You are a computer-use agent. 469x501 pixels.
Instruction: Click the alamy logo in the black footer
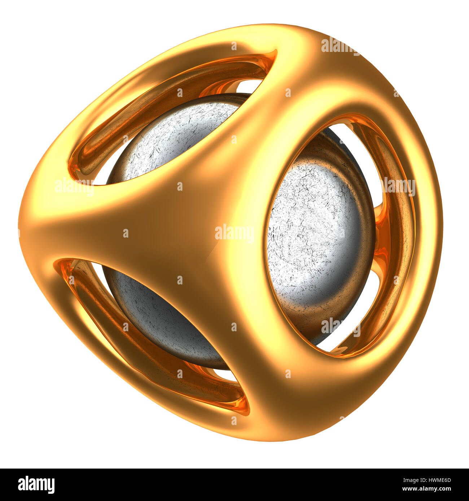(x=36, y=485)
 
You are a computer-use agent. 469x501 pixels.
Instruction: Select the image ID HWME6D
(x=437, y=480)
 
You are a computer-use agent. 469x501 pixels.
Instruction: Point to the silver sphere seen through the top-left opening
(x=173, y=137)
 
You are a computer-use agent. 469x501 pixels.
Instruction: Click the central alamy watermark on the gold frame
(x=234, y=233)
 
